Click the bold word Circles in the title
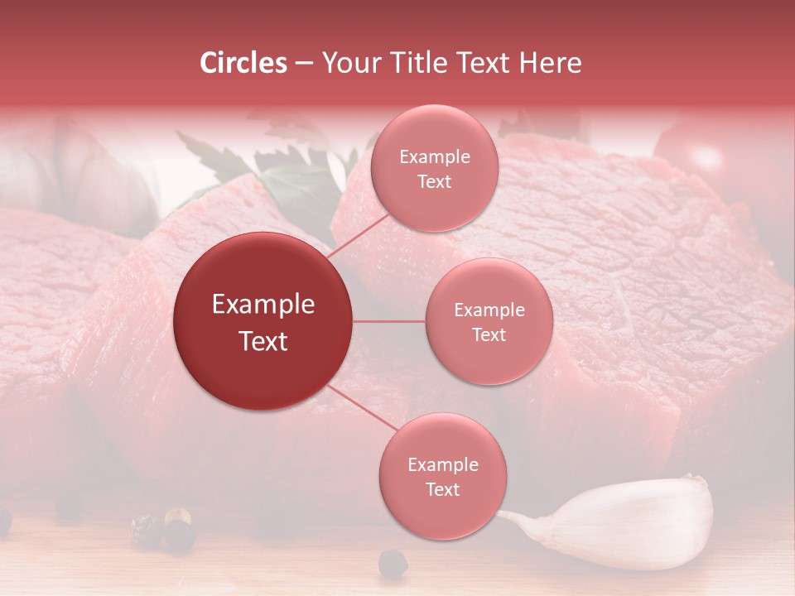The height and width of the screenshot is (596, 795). point(243,63)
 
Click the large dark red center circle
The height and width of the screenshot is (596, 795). point(263,321)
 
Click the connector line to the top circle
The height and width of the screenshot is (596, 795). point(359,237)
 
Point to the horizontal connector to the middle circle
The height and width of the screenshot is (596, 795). point(388,321)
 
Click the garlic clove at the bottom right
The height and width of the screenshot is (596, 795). point(629,523)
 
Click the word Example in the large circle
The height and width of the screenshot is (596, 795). point(263,305)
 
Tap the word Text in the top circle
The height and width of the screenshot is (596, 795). point(434,181)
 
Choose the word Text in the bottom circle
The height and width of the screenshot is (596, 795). point(442,489)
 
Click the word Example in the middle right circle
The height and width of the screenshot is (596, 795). point(489,310)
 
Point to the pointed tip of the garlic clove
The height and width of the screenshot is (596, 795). point(503,516)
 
